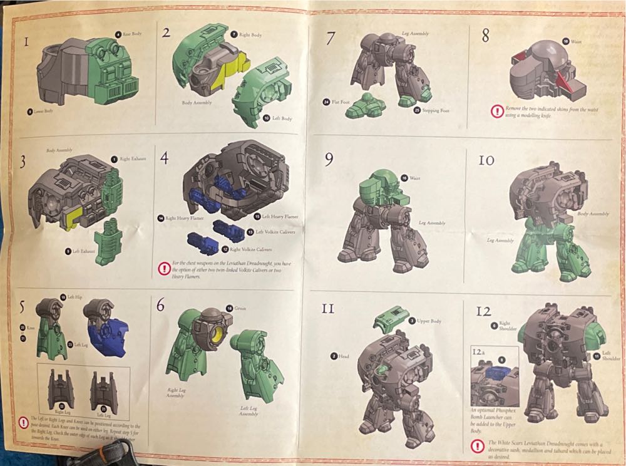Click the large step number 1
[x=26, y=43]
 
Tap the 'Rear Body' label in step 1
[x=131, y=34]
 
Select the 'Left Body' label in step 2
[x=283, y=118]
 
